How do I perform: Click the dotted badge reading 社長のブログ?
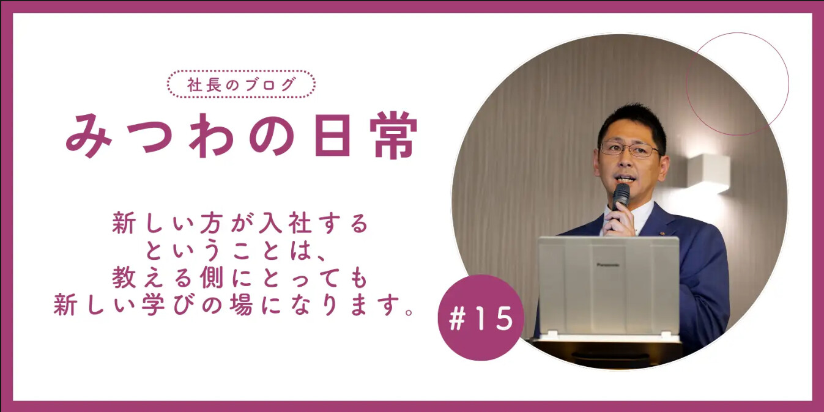241,84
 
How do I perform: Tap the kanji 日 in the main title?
332,135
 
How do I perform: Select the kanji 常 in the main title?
393,135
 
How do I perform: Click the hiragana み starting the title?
88,135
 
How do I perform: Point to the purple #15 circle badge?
481,317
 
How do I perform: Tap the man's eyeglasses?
629,149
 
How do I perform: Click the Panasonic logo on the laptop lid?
607,265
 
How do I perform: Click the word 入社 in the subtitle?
285,223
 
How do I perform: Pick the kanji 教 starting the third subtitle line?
124,278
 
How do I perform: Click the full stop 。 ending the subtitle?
409,312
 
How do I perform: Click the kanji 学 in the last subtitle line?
153,304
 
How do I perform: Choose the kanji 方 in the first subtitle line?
212,223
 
